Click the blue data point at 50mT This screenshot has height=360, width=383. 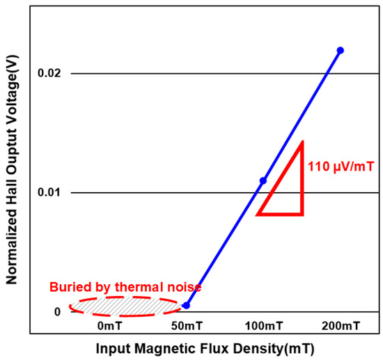point(186,305)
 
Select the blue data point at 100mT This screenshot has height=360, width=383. point(263,181)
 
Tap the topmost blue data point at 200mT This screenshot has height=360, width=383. point(340,50)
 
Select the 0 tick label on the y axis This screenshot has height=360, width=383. point(58,312)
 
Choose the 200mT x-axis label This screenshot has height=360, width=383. point(341,326)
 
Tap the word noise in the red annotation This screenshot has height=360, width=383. point(186,287)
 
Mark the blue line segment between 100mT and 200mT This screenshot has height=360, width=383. point(302,116)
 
